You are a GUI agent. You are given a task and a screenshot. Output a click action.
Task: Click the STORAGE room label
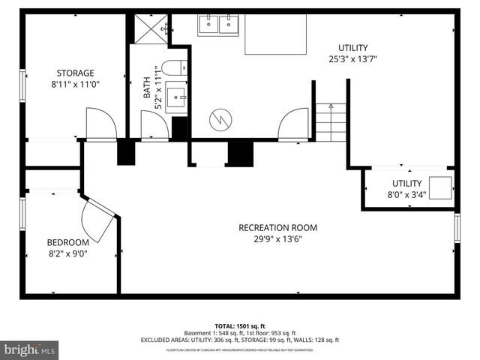(75, 73)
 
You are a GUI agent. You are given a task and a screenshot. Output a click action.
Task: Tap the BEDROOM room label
(67, 242)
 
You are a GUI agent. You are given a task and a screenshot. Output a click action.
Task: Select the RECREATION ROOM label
(277, 228)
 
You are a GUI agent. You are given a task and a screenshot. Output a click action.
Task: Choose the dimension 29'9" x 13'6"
(277, 240)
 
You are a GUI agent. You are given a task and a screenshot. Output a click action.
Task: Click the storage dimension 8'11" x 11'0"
(75, 85)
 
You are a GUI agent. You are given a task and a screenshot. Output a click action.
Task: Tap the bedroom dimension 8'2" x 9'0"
(67, 254)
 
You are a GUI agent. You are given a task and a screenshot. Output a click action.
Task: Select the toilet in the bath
(172, 68)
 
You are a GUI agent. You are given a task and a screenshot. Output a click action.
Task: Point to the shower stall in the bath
(150, 29)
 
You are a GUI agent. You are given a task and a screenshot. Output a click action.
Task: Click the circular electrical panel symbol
(221, 118)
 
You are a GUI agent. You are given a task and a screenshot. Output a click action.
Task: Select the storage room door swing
(100, 123)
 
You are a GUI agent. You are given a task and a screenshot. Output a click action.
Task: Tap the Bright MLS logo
(30, 349)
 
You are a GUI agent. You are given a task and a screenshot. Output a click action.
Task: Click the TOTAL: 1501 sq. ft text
(240, 325)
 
